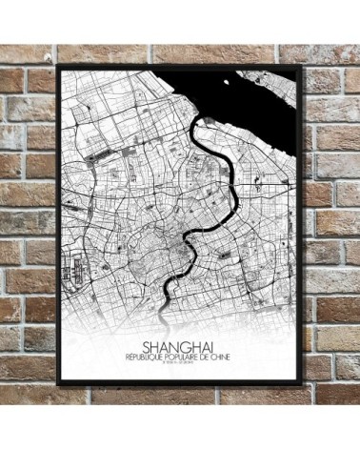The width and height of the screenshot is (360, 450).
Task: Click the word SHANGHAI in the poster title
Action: pos(179,347)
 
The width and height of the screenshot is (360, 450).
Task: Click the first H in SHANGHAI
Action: pos(152,347)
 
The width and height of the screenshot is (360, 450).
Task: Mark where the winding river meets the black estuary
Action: pos(199,124)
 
